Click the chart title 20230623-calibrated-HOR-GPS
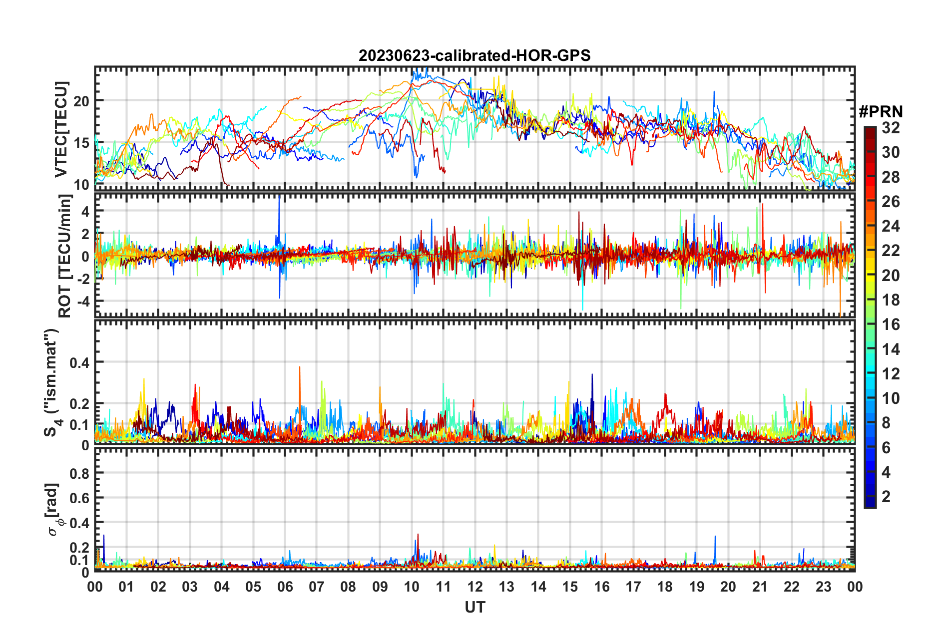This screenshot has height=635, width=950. (x=475, y=55)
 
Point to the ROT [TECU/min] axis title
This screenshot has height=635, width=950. (x=65, y=256)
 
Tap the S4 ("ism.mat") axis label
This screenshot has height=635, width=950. (x=51, y=382)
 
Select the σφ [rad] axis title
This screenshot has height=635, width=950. (x=54, y=509)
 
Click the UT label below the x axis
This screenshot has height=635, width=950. (x=475, y=608)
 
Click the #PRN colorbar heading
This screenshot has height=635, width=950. (x=881, y=112)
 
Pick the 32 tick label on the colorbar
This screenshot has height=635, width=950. (x=891, y=128)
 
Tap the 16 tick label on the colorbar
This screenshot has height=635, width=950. (x=891, y=325)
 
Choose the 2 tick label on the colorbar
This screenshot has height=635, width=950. (x=886, y=497)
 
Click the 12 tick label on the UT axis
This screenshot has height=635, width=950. (x=475, y=587)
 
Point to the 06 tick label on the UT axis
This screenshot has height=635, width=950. (x=285, y=587)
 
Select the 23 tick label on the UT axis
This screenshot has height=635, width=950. (x=823, y=587)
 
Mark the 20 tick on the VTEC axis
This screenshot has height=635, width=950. (x=81, y=101)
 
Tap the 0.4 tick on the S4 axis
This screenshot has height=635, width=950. (x=79, y=363)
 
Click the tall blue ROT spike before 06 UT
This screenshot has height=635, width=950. (x=279, y=200)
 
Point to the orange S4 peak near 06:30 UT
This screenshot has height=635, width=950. (x=300, y=368)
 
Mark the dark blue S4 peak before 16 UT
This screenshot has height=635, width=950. (x=592, y=375)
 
